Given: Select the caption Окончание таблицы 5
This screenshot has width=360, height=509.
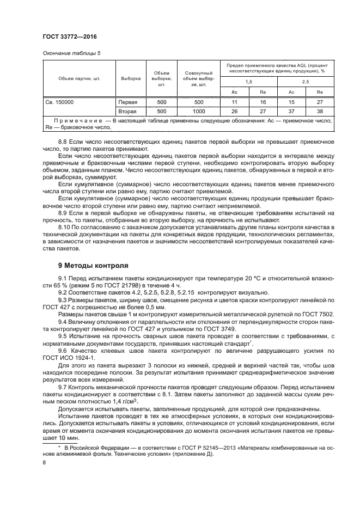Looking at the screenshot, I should coord(71,53).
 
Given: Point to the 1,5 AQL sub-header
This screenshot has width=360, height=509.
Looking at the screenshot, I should coord(249,81).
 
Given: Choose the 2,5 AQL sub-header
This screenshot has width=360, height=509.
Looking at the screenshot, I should coord(305,81).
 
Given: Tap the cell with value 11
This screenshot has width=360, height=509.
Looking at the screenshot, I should coord(234,102).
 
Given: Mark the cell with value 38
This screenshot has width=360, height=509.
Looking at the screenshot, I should coord(320,111).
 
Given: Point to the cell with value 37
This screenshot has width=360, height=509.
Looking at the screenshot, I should coord(291,111).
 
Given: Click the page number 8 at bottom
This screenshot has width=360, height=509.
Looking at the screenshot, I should coord(44,462).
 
